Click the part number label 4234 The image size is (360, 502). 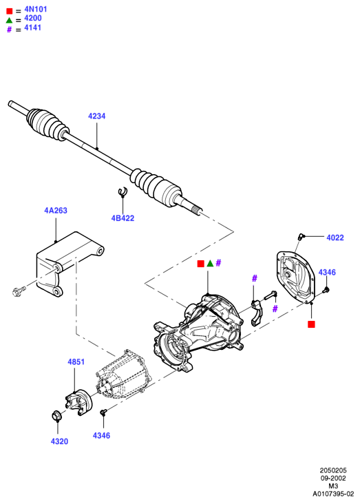(x=96, y=116)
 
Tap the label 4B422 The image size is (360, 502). (x=123, y=218)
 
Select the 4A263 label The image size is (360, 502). (x=56, y=211)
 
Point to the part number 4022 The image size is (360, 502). (x=335, y=238)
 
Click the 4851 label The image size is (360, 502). (x=76, y=362)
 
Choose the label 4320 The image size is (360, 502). (x=59, y=441)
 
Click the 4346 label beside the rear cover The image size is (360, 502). (x=327, y=273)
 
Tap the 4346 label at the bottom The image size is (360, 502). (x=101, y=436)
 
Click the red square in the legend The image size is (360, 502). (x=9, y=11)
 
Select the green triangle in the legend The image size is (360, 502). (x=9, y=21)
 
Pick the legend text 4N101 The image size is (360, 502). (x=36, y=9)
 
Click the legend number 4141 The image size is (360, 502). (x=32, y=28)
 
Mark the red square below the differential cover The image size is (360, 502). (x=311, y=324)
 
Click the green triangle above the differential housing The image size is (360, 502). (x=210, y=264)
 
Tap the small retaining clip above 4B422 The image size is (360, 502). (x=123, y=191)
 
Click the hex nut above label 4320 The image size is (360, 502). (x=57, y=415)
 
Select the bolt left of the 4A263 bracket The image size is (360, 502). (x=19, y=291)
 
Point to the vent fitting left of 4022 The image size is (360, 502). (x=301, y=237)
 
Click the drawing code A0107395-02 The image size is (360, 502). (x=333, y=494)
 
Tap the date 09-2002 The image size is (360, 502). (x=333, y=479)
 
